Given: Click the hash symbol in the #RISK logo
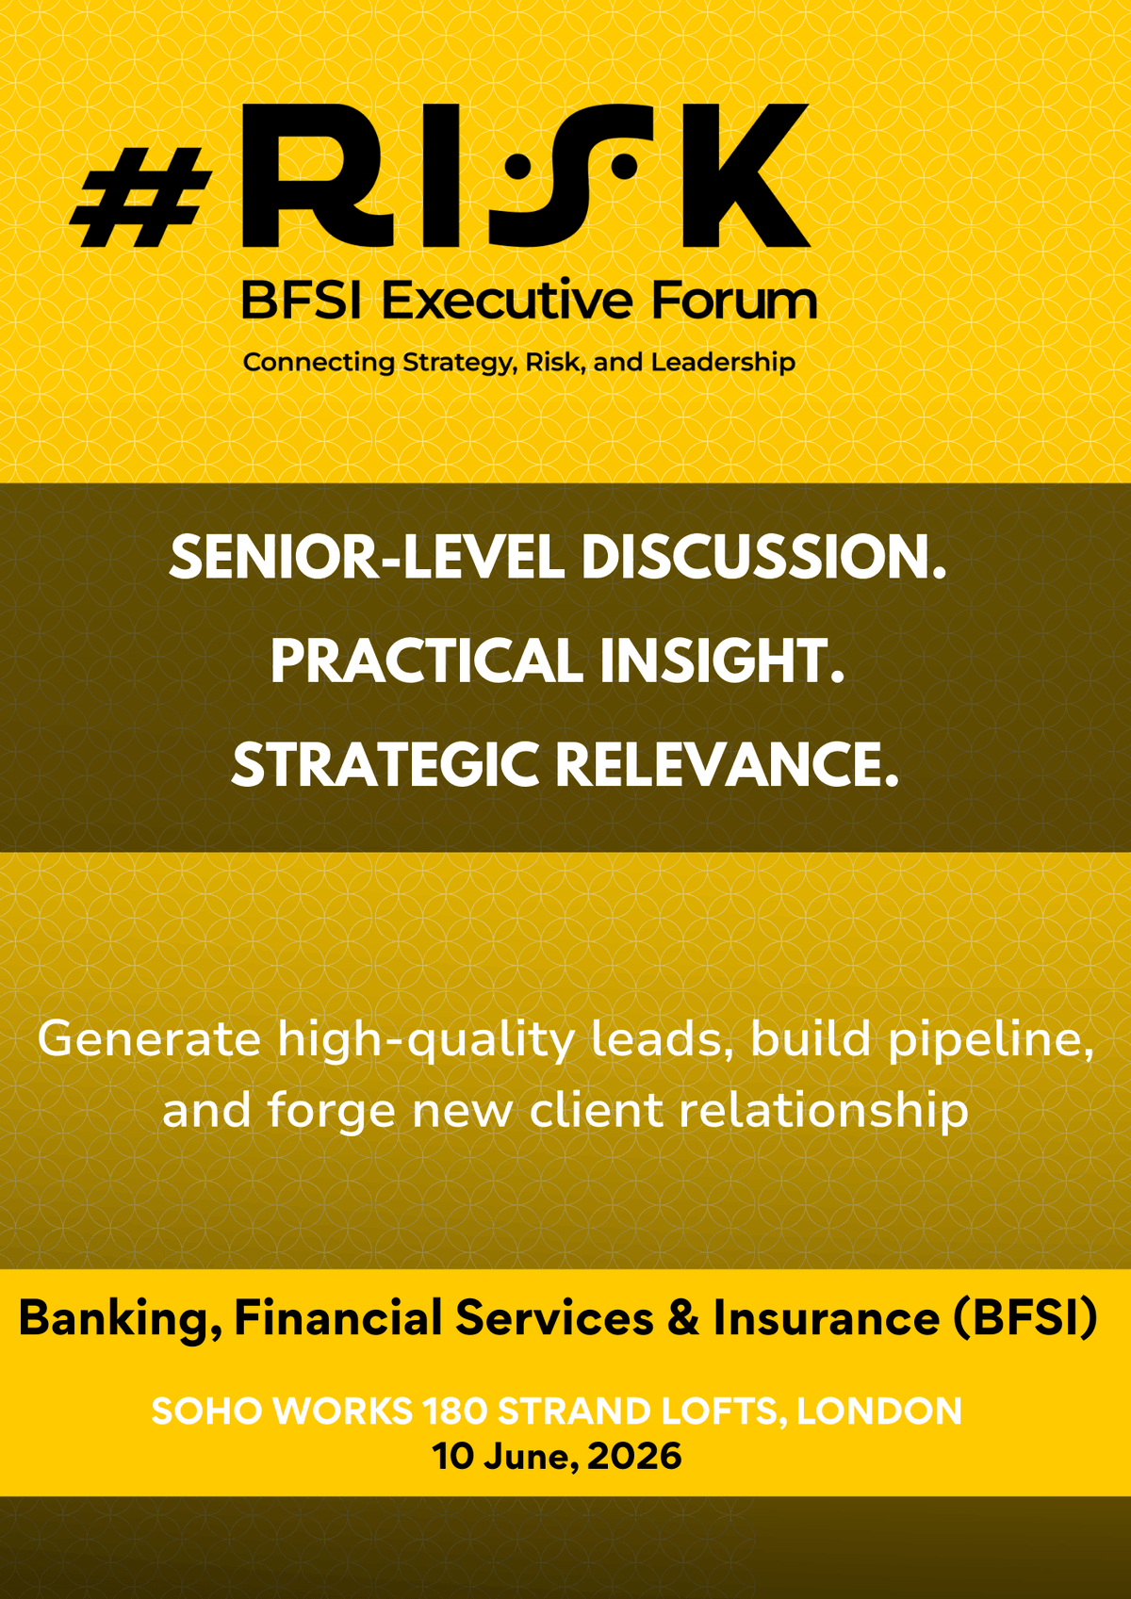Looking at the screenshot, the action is point(140,197).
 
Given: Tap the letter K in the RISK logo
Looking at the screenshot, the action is point(746,175).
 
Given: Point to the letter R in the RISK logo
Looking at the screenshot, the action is point(318,175).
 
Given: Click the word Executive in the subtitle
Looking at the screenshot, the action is point(507,301).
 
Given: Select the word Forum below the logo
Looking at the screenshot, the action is point(734,301).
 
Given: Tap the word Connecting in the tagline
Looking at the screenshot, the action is point(319,364).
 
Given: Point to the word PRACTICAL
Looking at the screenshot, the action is point(427,661).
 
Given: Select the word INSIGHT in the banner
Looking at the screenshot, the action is point(722,661).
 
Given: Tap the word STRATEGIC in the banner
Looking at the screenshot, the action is point(385,764).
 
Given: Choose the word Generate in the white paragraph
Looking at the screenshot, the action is point(149,1039).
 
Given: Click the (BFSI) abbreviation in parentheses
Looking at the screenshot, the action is point(1026,1318).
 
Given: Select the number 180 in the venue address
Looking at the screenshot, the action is point(455,1411).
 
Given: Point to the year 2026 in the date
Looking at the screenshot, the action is point(634,1456).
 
